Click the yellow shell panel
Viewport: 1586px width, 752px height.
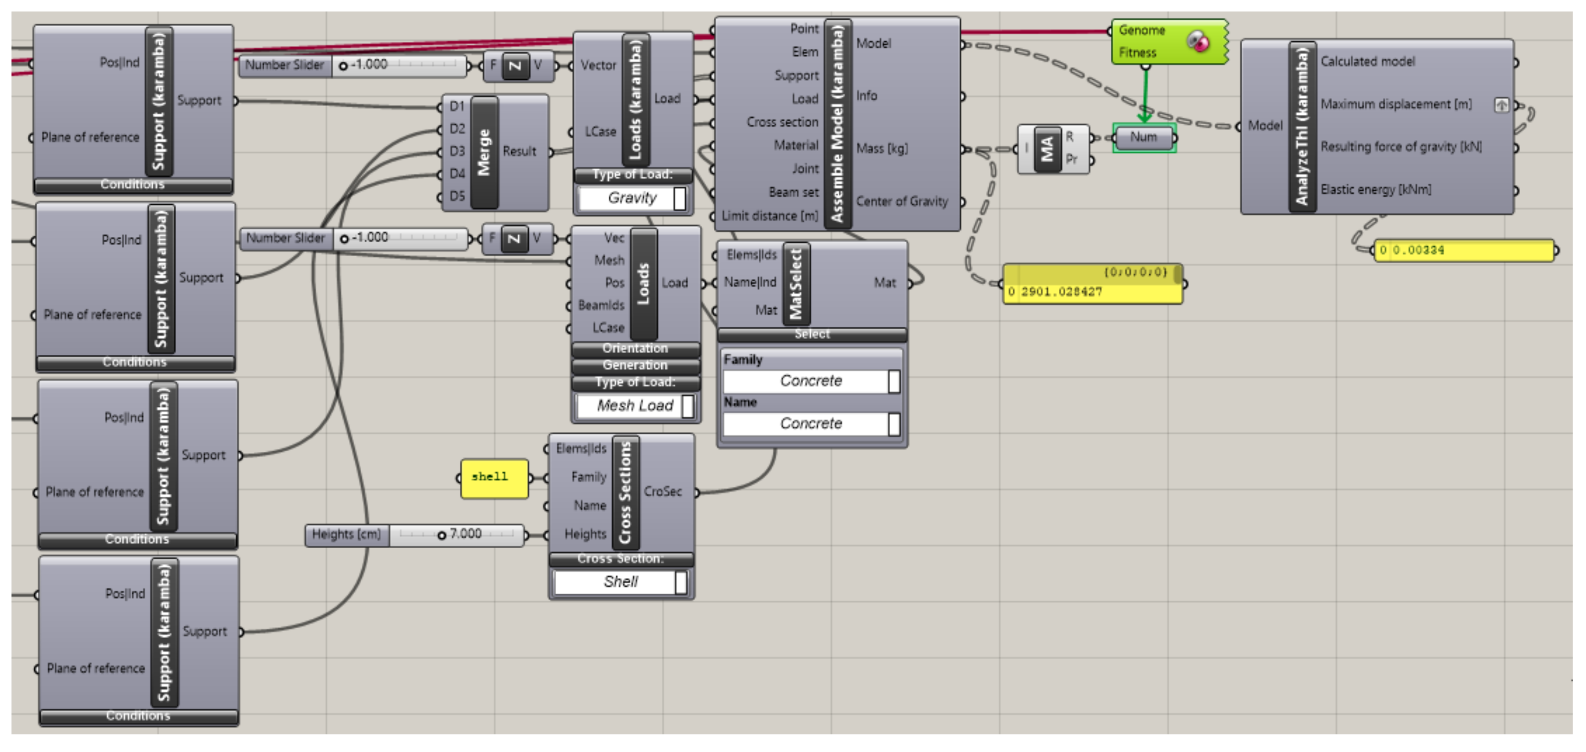[x=494, y=478]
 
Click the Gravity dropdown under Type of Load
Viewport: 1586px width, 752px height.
[x=632, y=198]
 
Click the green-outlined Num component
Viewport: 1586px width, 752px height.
[x=1144, y=137]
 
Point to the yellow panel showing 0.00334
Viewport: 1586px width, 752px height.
[x=1464, y=251]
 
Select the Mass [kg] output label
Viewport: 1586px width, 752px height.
[x=881, y=148]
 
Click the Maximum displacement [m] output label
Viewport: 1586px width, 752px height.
[x=1396, y=104]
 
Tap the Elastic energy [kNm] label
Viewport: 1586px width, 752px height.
[x=1375, y=190]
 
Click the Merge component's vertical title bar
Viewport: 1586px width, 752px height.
[x=484, y=152]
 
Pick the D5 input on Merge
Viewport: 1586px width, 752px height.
[x=457, y=196]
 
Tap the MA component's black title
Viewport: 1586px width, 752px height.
[x=1047, y=149]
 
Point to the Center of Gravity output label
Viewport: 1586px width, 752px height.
[x=902, y=202]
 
